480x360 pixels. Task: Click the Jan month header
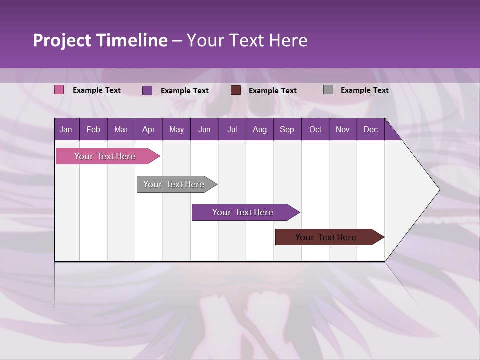(66, 129)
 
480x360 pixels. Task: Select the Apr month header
(148, 129)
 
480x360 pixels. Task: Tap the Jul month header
(232, 129)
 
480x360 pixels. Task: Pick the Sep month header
(287, 129)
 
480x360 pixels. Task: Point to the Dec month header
(370, 129)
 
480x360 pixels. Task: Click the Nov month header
(342, 129)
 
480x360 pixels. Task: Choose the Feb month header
(93, 129)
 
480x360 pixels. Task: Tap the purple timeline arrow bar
(243, 212)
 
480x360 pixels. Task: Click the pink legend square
(59, 90)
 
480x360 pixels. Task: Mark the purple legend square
(147, 90)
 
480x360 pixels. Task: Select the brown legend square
(236, 90)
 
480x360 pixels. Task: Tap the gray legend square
(328, 90)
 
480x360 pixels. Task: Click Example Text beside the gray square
(364, 90)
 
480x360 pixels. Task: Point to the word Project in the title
(62, 40)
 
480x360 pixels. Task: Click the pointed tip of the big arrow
(438, 190)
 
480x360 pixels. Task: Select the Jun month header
(204, 129)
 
